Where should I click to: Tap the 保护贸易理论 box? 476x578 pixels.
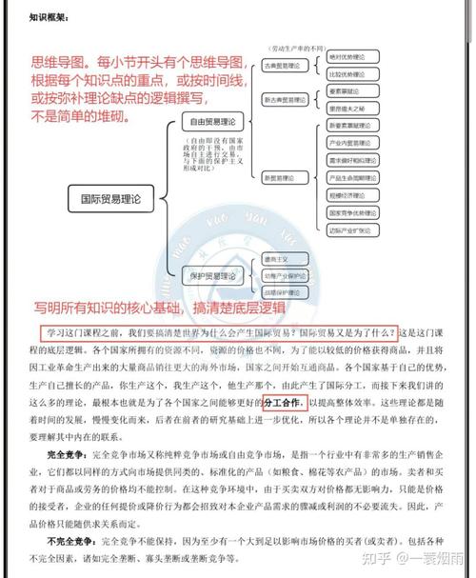tap(214, 275)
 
